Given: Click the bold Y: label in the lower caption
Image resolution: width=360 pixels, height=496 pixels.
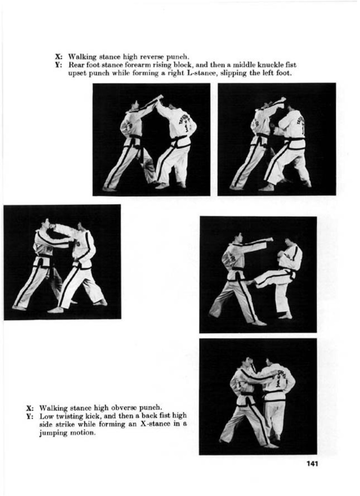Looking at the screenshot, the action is pos(30,416).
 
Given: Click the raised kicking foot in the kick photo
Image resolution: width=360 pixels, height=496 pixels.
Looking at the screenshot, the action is pos(250,283).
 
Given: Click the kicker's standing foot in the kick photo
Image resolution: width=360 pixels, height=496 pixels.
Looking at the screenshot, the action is pos(285,316).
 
